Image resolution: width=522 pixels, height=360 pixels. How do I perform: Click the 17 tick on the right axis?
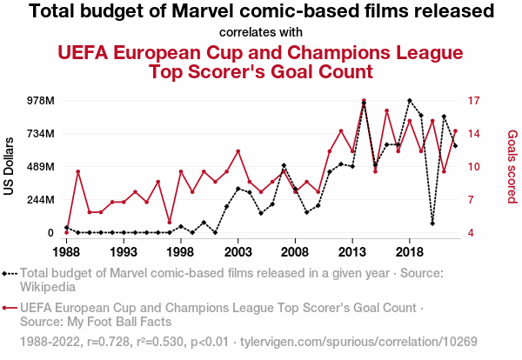(x=474, y=101)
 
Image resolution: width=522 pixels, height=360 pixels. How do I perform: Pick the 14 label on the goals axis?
(x=474, y=134)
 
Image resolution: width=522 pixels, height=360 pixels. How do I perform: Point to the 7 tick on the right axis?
(x=472, y=200)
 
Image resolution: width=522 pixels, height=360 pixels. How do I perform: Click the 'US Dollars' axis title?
(x=10, y=166)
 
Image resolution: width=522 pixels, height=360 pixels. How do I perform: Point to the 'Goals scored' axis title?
(x=512, y=167)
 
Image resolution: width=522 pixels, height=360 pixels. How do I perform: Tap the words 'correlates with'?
(x=261, y=33)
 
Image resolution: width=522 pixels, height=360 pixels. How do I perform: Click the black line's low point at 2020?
(x=432, y=223)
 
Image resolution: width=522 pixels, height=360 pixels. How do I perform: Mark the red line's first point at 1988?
(x=66, y=232)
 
